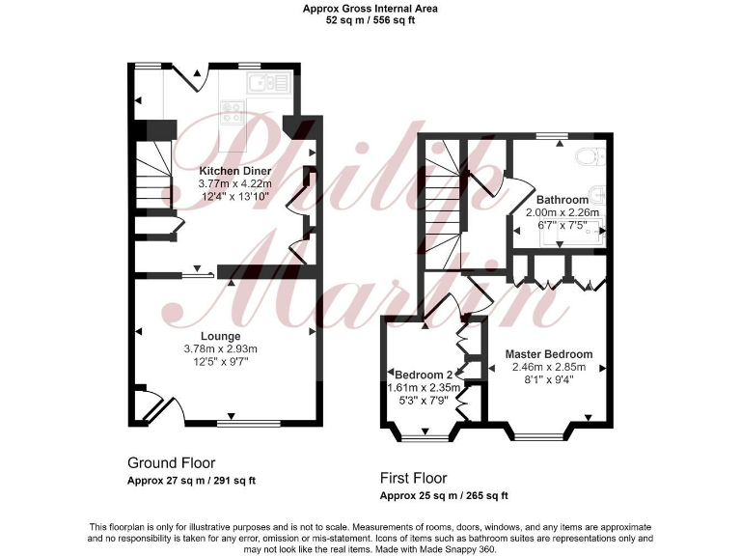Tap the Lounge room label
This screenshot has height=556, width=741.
(x=221, y=336)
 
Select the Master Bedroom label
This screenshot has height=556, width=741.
(x=549, y=354)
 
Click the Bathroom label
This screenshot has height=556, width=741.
(x=563, y=200)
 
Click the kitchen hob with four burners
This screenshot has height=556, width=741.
(x=233, y=113)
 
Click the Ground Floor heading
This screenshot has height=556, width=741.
(x=171, y=463)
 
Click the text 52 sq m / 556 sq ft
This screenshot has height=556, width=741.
(x=370, y=19)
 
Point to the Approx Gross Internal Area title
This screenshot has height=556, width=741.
(x=370, y=8)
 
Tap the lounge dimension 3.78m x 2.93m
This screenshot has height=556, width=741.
(x=221, y=348)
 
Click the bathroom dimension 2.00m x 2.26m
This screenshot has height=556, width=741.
(x=563, y=212)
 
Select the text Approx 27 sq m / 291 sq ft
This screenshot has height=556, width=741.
(x=191, y=480)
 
